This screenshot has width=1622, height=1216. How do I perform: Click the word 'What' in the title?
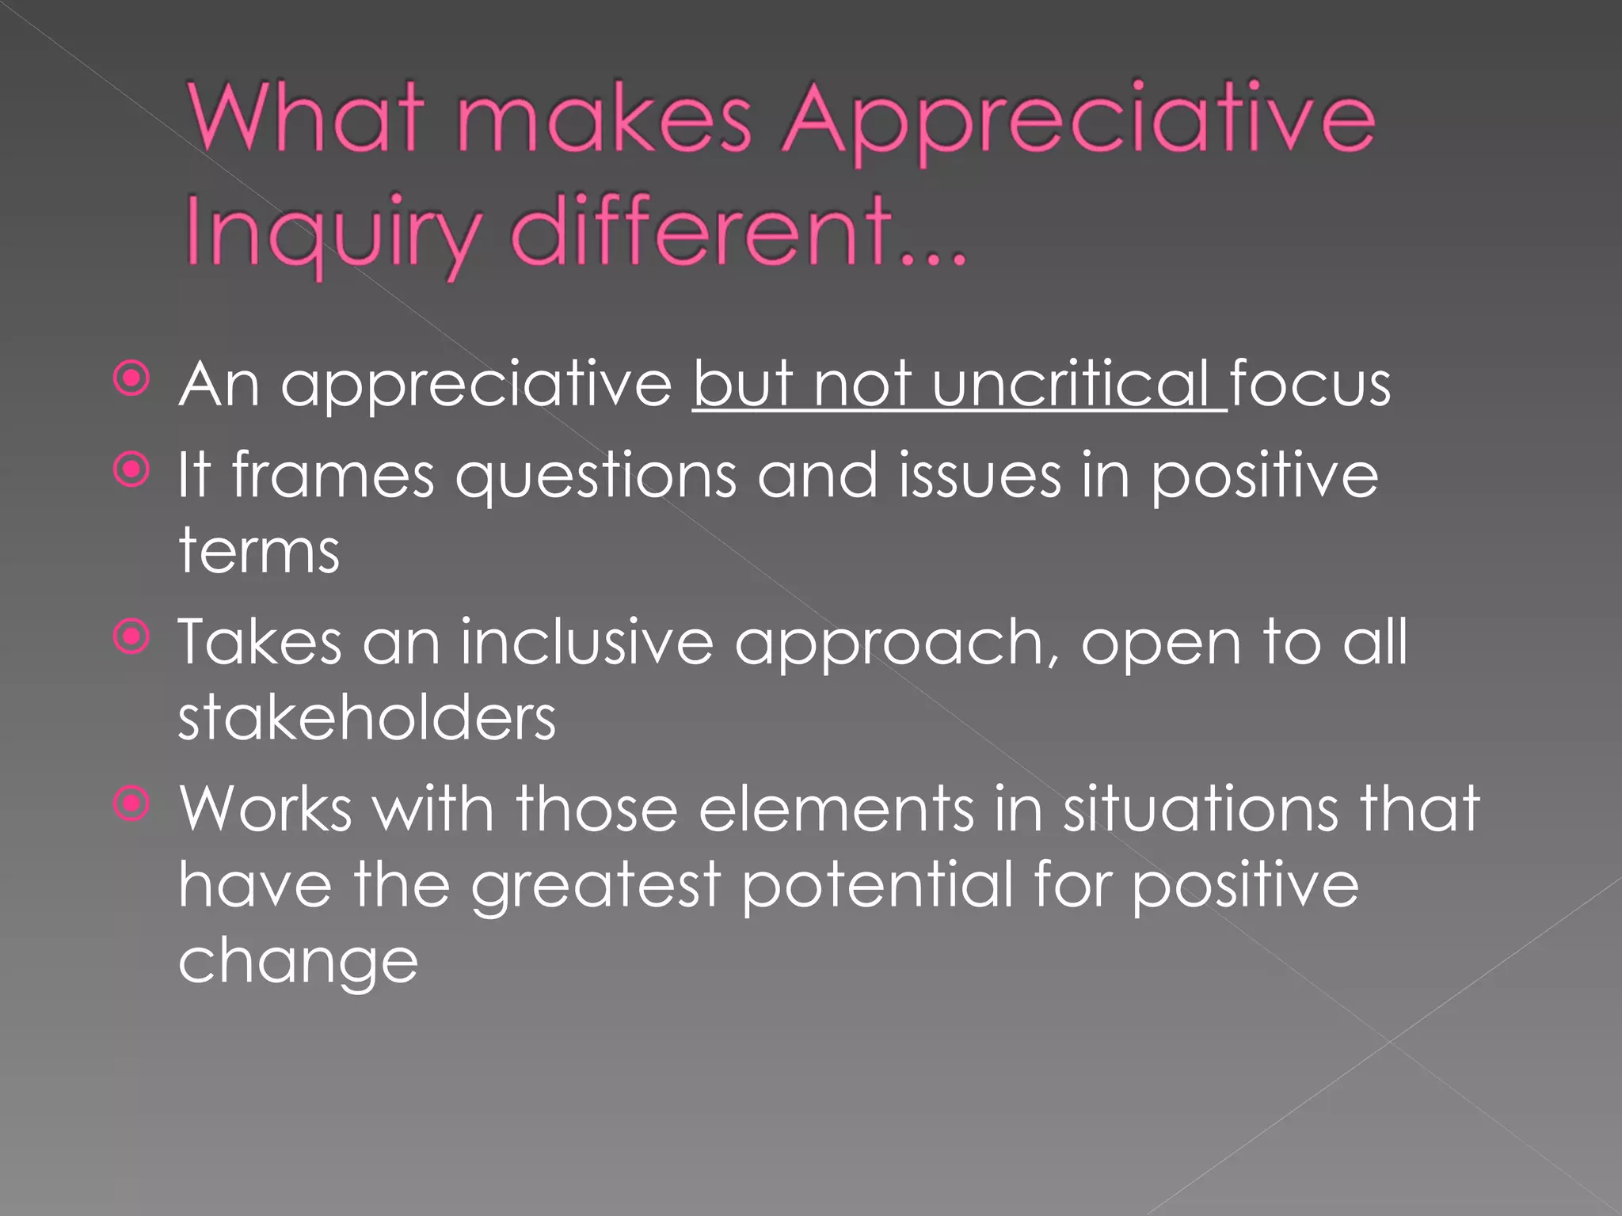click(x=305, y=119)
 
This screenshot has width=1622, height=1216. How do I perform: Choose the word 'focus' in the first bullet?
click(x=1310, y=384)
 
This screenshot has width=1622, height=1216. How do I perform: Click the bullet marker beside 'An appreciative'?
click(x=131, y=379)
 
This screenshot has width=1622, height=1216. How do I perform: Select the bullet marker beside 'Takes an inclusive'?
click(x=131, y=638)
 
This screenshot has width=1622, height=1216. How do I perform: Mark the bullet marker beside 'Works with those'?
click(x=131, y=805)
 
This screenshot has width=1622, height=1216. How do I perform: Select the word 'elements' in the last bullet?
click(x=836, y=809)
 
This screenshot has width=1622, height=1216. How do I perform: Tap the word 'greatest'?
click(x=596, y=887)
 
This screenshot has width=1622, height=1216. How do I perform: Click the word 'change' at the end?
click(x=298, y=963)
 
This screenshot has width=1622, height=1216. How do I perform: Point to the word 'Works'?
click(x=266, y=809)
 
